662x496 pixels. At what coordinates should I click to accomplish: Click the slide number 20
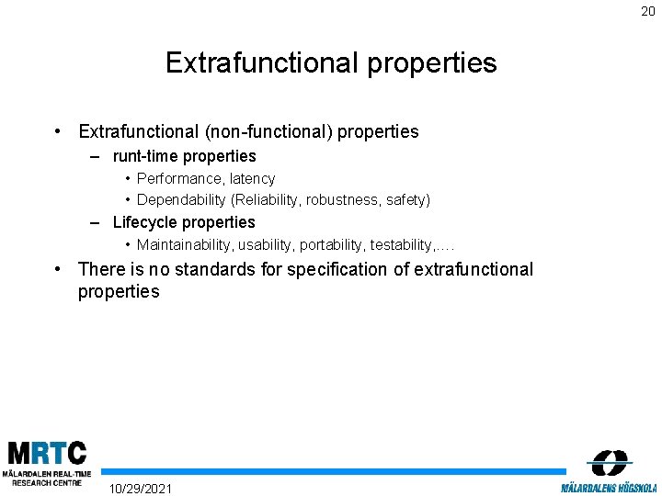[x=648, y=12]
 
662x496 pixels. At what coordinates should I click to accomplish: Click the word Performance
[x=179, y=178]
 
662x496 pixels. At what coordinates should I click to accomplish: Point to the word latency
[x=253, y=178]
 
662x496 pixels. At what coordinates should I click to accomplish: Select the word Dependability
[x=182, y=199]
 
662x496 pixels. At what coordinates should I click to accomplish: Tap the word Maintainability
[x=184, y=244]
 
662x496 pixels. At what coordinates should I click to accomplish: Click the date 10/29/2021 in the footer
[x=140, y=488]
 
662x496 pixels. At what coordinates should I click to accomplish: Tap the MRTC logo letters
[x=46, y=454]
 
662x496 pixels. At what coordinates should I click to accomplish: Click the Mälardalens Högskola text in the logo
[x=610, y=487]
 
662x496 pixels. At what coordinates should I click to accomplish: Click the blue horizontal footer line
[x=331, y=471]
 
